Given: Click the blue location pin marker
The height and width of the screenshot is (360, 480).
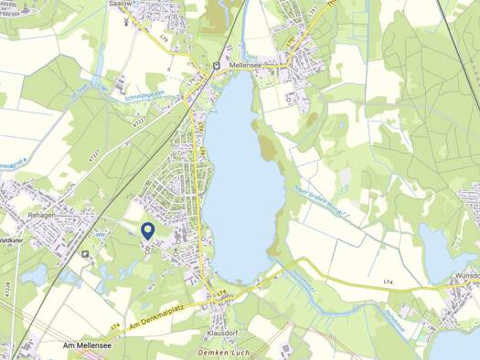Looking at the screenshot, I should point(148,230).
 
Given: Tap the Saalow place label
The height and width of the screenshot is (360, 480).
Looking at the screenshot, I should point(120,4).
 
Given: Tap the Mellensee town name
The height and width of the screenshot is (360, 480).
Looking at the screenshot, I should point(248,66).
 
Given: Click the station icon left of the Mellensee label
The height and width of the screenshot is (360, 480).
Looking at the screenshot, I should point(217,66).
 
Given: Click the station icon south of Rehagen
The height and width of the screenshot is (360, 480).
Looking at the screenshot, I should point(85,254).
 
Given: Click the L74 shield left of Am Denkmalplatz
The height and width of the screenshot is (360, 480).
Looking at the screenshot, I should point(115,325).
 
